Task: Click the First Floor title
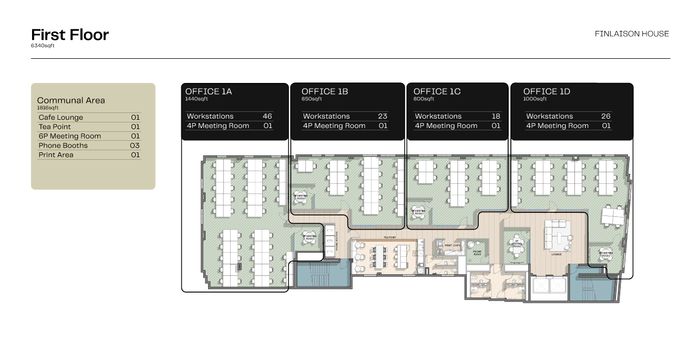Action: tap(70, 35)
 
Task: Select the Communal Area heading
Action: tap(71, 100)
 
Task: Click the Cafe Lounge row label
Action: tap(60, 118)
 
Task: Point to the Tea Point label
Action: tap(55, 127)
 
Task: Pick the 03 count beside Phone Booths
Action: tap(134, 146)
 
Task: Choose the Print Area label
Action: tap(57, 155)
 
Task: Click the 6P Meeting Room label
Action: tap(69, 136)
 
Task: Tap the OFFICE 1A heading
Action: tap(209, 91)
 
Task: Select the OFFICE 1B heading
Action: tap(325, 91)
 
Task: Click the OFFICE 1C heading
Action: tap(437, 91)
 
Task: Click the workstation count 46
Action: tap(267, 116)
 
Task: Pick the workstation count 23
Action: tap(382, 116)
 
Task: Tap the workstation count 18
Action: tap(495, 116)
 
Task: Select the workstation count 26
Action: tap(606, 116)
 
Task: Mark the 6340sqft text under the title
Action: tap(44, 47)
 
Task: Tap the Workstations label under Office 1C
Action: tap(437, 116)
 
